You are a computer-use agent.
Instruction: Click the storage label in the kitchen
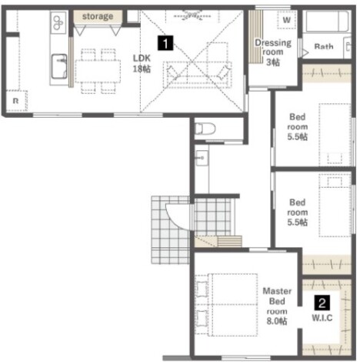point(98,16)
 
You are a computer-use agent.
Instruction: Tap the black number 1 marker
point(165,42)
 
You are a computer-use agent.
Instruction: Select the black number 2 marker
point(322,303)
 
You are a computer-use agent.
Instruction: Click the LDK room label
point(142,63)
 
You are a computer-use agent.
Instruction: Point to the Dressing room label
point(273,52)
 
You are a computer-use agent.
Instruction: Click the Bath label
point(324,46)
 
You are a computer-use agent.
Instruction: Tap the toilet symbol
point(205,129)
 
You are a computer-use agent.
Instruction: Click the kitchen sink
point(59,66)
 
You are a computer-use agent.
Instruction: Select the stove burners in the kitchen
point(58,23)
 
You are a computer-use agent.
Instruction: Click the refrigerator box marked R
point(16,101)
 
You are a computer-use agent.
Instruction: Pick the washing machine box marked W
point(287,19)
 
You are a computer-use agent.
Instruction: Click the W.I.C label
point(322,318)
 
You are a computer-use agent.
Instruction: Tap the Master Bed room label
point(277,306)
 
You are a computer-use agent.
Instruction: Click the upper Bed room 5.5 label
point(298,127)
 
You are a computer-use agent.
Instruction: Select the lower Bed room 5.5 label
point(298,213)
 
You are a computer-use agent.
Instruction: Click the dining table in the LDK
point(98,72)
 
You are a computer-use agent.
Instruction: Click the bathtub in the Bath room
point(325,21)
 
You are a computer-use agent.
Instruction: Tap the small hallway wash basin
point(202,158)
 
